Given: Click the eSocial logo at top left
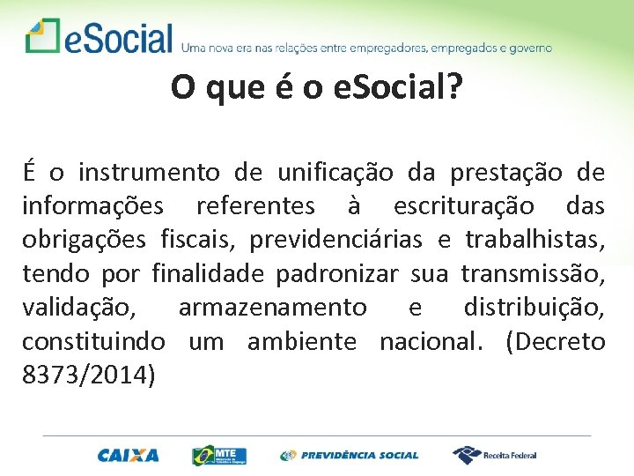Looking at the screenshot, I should (x=99, y=37).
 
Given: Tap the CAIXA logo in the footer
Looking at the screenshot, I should (x=129, y=455).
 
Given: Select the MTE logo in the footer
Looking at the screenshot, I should (x=219, y=455).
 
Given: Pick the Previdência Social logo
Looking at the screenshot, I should (x=350, y=455).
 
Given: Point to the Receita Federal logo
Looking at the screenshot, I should (x=494, y=455).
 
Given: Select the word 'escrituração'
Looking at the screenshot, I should (x=463, y=206).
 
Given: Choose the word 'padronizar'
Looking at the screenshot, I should (x=337, y=273).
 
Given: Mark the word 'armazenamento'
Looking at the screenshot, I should (x=272, y=307).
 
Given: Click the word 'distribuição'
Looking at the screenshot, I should (x=534, y=307).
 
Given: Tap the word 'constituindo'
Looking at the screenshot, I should (x=93, y=340).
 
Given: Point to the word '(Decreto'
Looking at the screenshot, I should (x=556, y=340).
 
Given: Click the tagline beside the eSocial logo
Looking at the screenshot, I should (x=366, y=47).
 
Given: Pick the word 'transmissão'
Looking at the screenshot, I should (x=533, y=273).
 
